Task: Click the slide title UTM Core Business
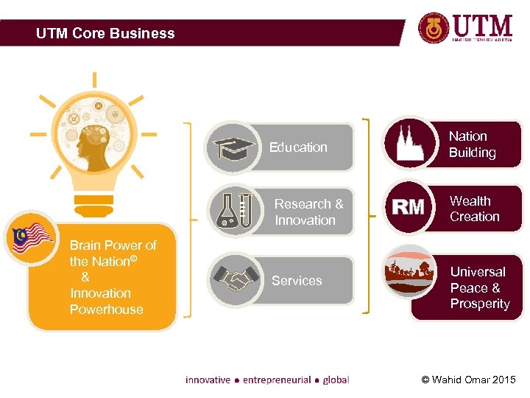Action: [105, 33]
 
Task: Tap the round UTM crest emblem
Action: [433, 29]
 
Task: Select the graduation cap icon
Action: [232, 147]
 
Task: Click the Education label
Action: [298, 147]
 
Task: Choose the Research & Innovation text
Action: [308, 212]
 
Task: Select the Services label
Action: [297, 281]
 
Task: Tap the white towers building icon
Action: [410, 143]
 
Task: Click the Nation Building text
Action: [472, 144]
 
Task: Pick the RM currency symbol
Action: [409, 208]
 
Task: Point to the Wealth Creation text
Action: [474, 209]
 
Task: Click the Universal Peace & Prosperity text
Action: [479, 287]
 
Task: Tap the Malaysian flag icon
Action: [31, 239]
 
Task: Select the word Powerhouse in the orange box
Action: [107, 310]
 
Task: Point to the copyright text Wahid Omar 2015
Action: [468, 380]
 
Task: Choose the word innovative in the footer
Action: [208, 380]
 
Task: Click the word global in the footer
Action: [336, 380]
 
